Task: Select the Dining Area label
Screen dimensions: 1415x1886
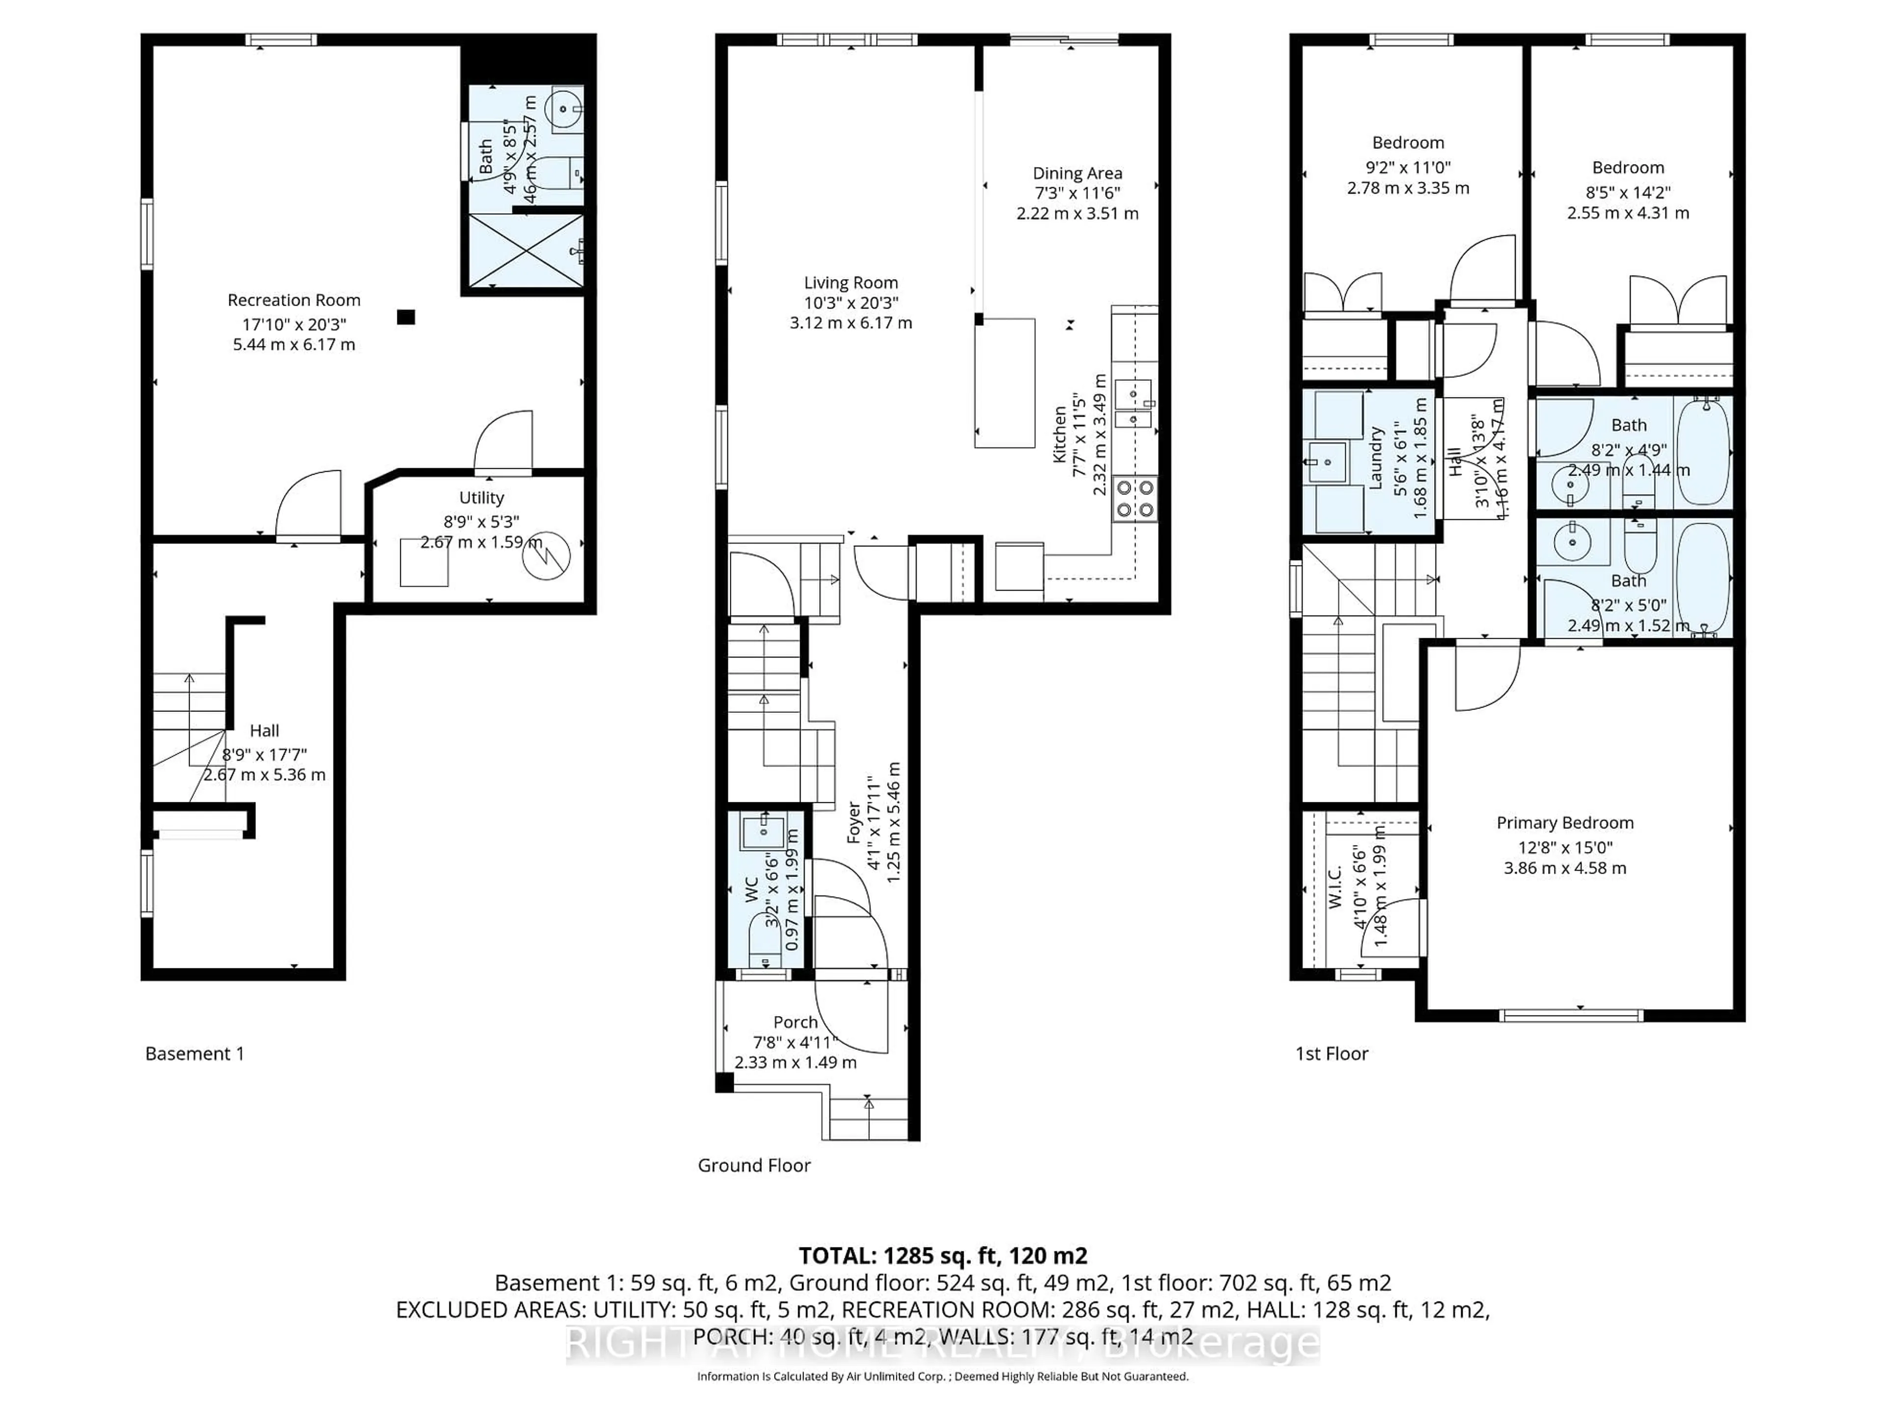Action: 1077,173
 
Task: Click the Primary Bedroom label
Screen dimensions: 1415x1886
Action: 1565,823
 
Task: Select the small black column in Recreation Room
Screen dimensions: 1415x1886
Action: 406,317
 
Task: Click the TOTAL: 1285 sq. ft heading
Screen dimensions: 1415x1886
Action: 942,1255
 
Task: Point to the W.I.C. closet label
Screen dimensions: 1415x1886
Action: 1335,886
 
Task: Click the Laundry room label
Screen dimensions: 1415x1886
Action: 1374,458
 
